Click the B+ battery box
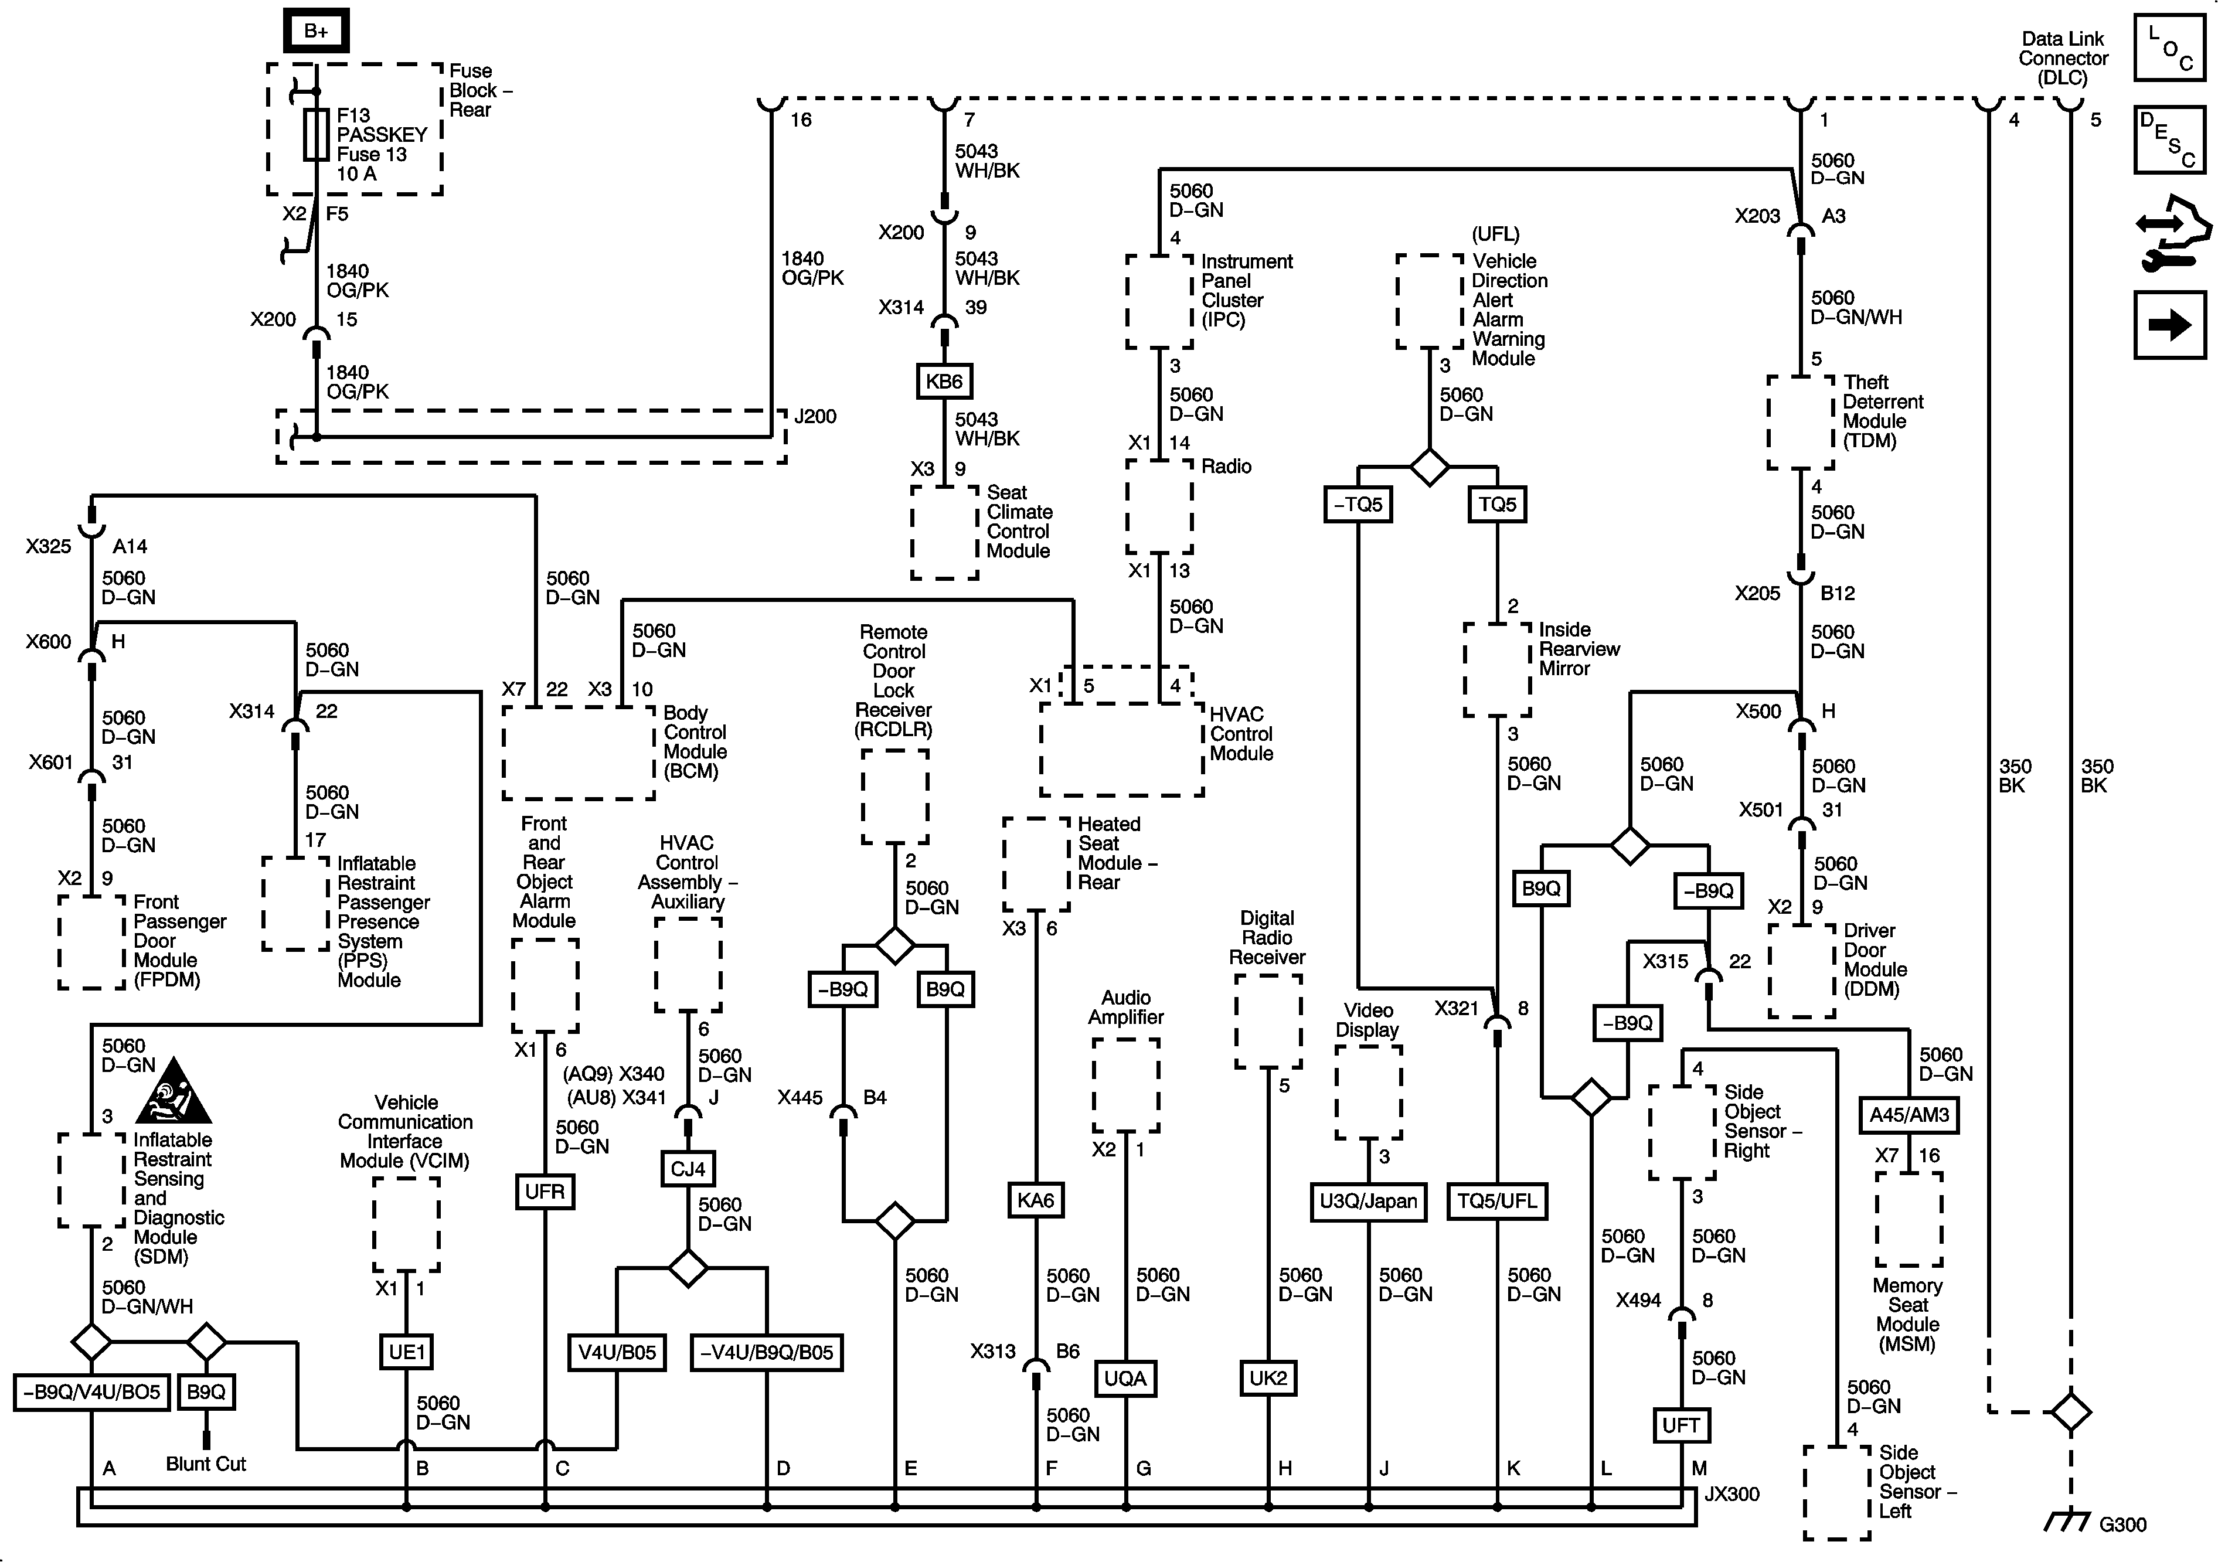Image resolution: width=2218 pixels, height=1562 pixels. (316, 31)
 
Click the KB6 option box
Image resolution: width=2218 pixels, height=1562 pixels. (944, 382)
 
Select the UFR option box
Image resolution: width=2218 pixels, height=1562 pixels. (545, 1191)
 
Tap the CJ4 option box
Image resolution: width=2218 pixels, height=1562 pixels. (688, 1169)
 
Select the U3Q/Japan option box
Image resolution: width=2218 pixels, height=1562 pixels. (1368, 1202)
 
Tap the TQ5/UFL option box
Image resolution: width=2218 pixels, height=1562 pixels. (1496, 1202)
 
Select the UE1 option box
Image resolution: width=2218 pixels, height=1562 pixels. (407, 1352)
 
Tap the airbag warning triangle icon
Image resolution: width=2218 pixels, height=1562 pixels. (174, 1091)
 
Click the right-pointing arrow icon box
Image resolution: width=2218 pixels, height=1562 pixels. (2170, 325)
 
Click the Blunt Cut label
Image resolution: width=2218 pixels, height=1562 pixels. (206, 1464)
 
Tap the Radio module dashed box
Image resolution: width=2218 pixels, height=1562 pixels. (1159, 507)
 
